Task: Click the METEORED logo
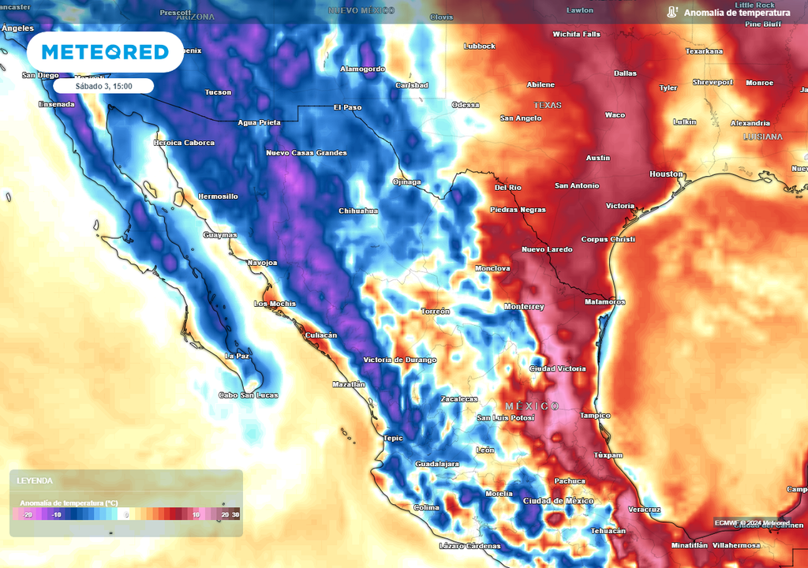coord(105,52)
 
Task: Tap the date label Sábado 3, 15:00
coord(103,86)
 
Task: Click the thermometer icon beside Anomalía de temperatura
coord(671,13)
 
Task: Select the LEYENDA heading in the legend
coord(36,480)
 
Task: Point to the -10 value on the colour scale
coord(56,514)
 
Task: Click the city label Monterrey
coord(524,306)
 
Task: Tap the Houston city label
coord(666,174)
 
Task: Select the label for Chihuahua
coord(358,211)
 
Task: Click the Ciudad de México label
coord(558,501)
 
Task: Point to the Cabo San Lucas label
coord(248,395)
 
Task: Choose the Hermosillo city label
coord(218,196)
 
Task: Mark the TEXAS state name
coord(547,105)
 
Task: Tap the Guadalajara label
coord(437,464)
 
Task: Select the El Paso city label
coord(347,106)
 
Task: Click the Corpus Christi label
coord(608,239)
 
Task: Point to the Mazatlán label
coord(349,384)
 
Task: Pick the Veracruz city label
coord(644,509)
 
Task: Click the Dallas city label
coord(625,73)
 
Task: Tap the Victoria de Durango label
coord(399,360)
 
